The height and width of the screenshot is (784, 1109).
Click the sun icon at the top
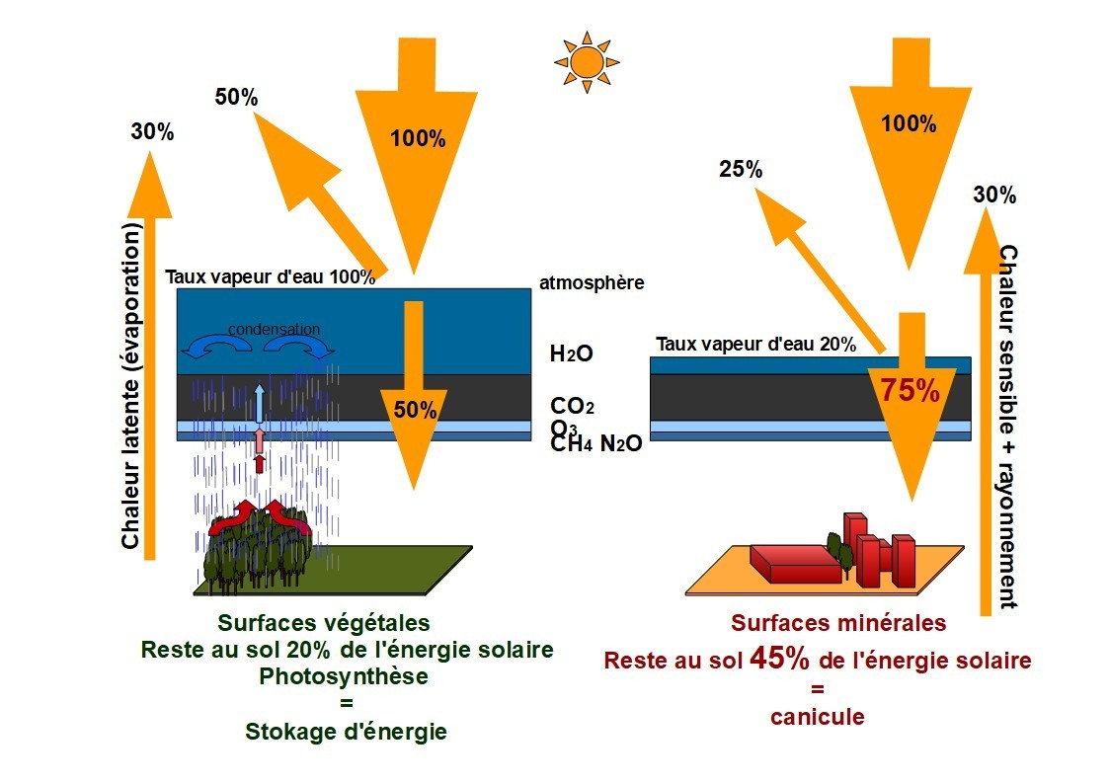587,62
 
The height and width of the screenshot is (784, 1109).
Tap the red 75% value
909,390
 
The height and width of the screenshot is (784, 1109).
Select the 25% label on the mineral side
741,169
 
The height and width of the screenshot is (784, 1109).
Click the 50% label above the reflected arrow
236,97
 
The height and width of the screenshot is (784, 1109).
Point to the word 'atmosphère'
592,282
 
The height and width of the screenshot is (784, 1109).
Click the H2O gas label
572,353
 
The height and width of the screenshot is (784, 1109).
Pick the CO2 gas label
572,406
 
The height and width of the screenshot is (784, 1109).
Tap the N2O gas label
621,443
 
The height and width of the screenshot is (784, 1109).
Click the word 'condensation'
274,329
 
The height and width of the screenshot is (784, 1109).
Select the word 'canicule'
817,717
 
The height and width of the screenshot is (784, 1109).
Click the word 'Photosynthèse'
344,676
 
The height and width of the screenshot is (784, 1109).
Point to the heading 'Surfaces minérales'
838,623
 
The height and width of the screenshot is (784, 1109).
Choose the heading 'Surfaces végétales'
324,623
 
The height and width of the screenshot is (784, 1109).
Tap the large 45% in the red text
779,659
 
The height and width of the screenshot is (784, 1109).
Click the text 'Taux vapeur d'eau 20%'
755,345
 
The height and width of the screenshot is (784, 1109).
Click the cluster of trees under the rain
258,544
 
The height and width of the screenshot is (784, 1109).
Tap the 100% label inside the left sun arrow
418,138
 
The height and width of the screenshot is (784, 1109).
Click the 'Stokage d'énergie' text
346,732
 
